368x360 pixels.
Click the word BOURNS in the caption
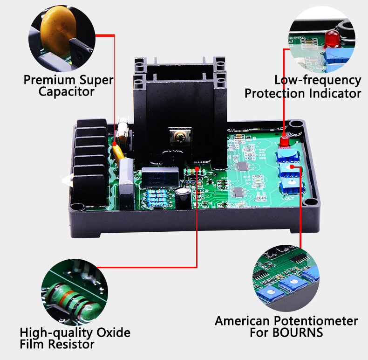coord(298,332)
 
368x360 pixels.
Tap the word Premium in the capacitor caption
coord(50,80)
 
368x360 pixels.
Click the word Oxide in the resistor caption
coord(113,332)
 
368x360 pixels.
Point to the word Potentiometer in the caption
coord(316,321)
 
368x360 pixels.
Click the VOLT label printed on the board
coord(287,199)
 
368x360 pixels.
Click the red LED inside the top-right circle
coord(332,39)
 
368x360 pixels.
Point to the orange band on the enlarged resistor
coord(68,297)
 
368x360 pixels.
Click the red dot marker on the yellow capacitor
coord(114,144)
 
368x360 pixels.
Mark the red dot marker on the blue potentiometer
coord(292,166)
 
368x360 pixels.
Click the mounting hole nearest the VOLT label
coord(310,201)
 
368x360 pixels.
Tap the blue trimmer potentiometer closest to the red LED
coord(288,155)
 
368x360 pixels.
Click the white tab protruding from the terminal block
coord(68,180)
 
